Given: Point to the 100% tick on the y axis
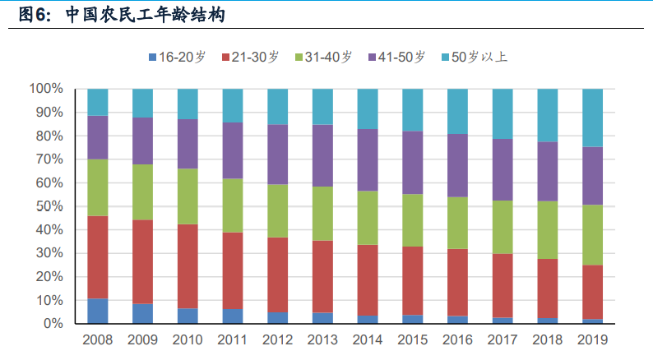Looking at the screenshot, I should click(46, 88).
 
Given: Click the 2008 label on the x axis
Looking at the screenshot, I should click(98, 339).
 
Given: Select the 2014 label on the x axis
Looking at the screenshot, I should click(368, 339).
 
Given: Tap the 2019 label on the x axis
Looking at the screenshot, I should click(592, 339).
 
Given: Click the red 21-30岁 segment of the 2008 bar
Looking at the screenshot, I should click(98, 257).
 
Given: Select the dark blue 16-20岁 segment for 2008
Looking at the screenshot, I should click(98, 311).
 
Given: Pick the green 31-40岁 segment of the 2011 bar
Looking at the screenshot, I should click(233, 205).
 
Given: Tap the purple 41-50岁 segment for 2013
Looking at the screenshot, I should click(322, 155).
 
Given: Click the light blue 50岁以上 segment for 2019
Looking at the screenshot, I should click(592, 118).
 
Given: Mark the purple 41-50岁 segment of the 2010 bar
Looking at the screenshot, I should click(188, 144).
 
